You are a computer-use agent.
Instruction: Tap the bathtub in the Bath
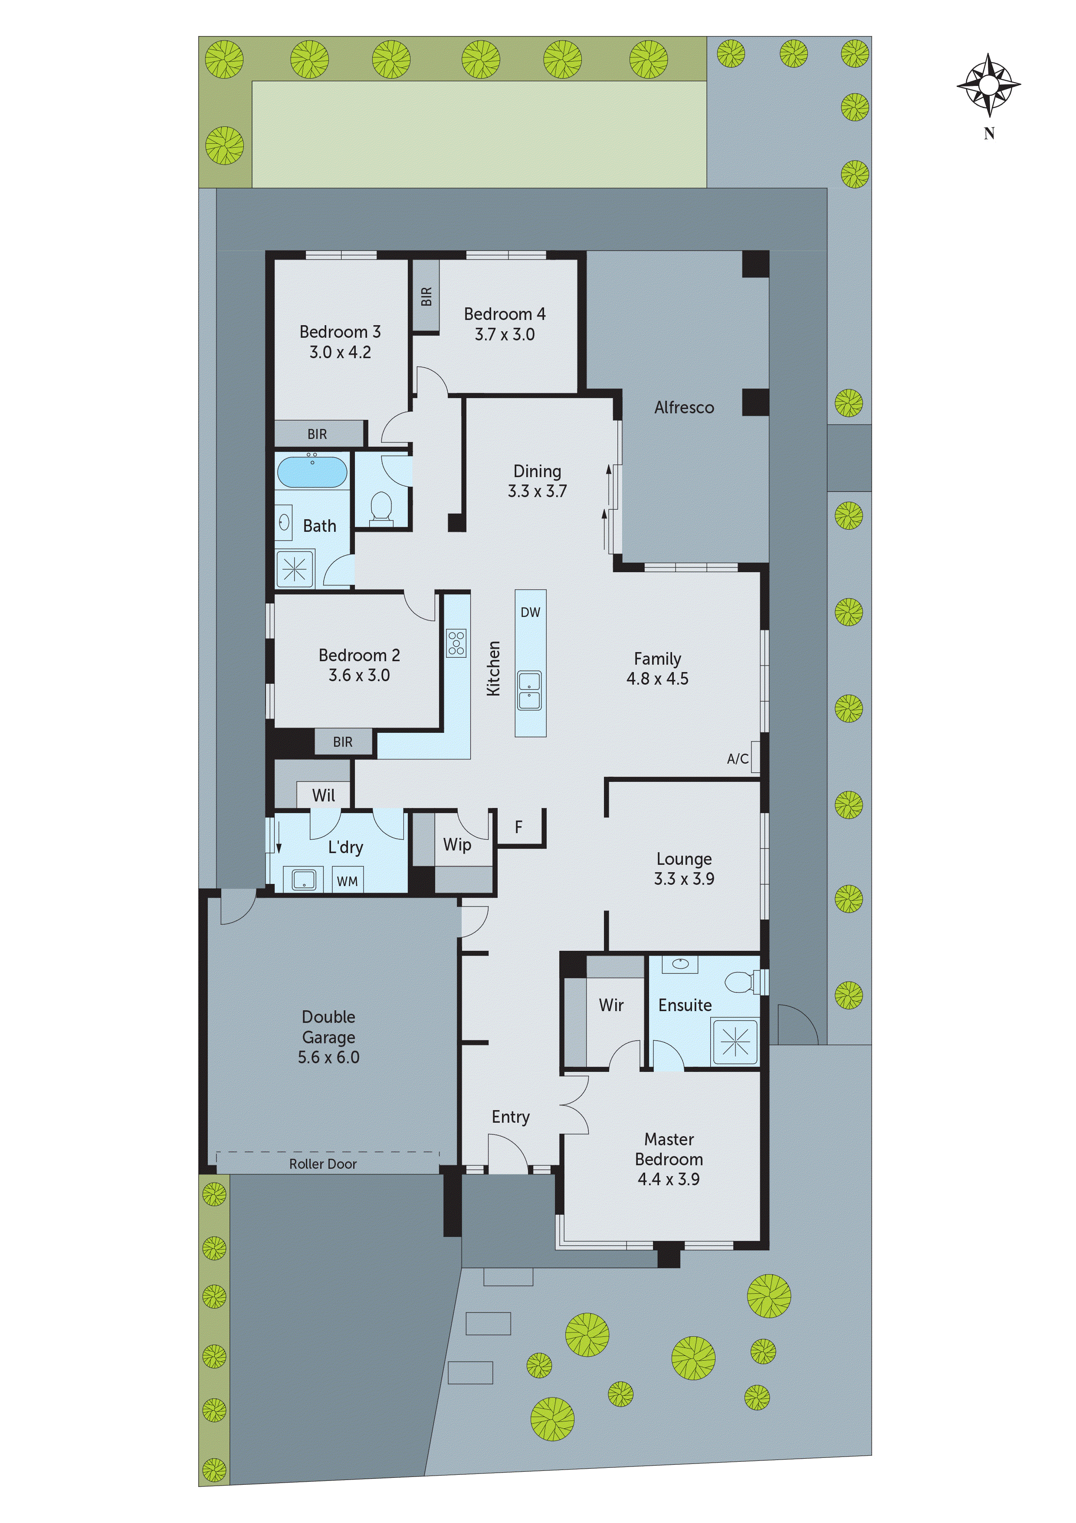click(x=312, y=471)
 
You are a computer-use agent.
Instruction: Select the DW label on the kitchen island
click(x=530, y=612)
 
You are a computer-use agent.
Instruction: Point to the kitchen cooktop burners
click(x=456, y=643)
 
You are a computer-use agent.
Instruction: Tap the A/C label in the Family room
click(x=737, y=759)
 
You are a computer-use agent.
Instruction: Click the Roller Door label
click(x=323, y=1164)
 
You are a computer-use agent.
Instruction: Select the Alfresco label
click(x=684, y=407)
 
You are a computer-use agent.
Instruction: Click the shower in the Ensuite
click(x=735, y=1043)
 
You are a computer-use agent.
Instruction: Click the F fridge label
click(x=518, y=827)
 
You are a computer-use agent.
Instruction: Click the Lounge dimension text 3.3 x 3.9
click(x=684, y=879)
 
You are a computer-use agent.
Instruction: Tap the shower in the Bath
click(x=294, y=568)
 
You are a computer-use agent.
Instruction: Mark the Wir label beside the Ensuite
click(x=610, y=1005)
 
